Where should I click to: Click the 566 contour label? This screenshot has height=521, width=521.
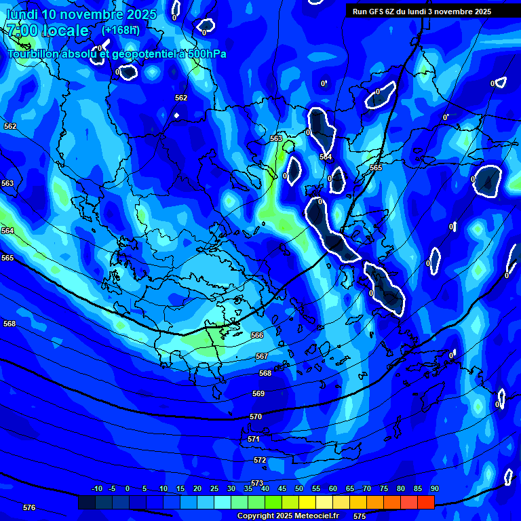(x=257, y=335)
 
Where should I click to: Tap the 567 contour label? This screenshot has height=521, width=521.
(x=262, y=356)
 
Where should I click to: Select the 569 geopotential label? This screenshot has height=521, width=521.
(x=258, y=393)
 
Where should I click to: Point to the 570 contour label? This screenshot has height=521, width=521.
(x=256, y=417)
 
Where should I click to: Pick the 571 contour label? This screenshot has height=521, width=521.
(x=254, y=439)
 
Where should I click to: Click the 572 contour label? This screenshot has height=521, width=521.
(x=260, y=460)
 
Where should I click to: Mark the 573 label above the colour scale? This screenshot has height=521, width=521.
(x=257, y=483)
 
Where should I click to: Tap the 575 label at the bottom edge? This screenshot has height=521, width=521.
(x=360, y=516)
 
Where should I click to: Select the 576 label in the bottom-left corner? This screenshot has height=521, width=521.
(x=29, y=507)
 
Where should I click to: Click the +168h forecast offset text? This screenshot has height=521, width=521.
(x=121, y=30)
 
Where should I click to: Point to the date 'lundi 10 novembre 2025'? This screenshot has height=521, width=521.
(x=81, y=14)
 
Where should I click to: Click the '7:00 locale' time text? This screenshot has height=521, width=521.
(x=48, y=31)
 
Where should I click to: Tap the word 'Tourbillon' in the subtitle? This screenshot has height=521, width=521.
(x=33, y=54)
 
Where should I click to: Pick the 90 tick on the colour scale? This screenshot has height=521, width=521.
(x=435, y=488)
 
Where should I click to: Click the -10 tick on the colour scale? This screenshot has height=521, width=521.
(x=96, y=488)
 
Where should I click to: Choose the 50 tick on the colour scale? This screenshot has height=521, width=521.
(x=299, y=488)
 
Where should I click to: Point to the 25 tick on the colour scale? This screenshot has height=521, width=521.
(x=214, y=488)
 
